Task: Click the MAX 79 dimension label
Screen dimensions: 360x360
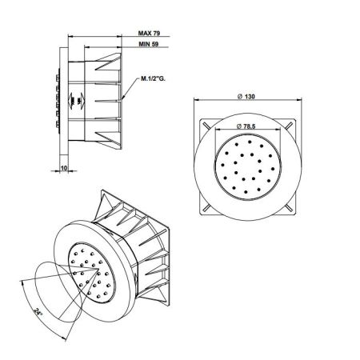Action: [x=150, y=34]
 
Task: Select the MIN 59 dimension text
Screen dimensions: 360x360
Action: [x=150, y=46]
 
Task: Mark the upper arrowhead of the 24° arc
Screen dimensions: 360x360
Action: [x=18, y=282]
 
